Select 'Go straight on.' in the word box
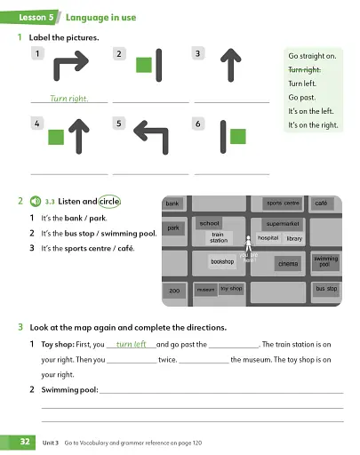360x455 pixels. click(x=310, y=55)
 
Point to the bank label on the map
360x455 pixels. click(x=172, y=204)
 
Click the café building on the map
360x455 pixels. click(x=324, y=203)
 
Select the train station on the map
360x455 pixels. click(x=218, y=238)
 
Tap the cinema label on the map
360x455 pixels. click(x=288, y=264)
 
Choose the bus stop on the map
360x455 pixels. click(x=326, y=289)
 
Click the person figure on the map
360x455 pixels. click(x=249, y=242)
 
